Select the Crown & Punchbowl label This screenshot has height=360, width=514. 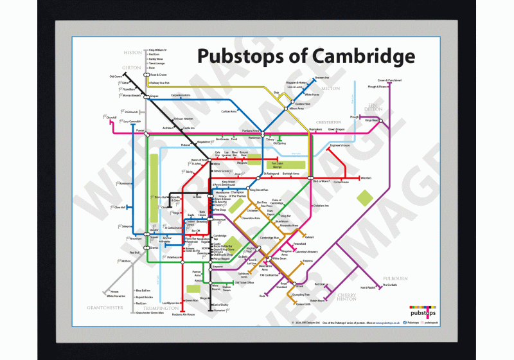pyautogui.click(x=389, y=80)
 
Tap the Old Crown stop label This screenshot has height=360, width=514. pyautogui.click(x=116, y=77)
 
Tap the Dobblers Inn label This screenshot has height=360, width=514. pyautogui.click(x=321, y=206)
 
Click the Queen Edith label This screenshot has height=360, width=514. pyautogui.click(x=303, y=305)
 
